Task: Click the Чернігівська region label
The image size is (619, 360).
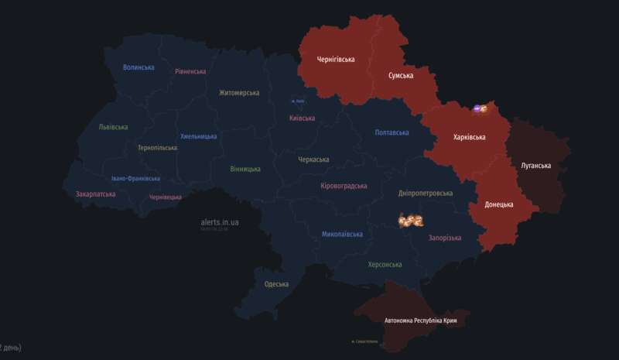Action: [336, 60]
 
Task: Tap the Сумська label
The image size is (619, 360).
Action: [401, 75]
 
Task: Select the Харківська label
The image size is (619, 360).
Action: [469, 137]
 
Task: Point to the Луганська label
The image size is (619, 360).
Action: [535, 166]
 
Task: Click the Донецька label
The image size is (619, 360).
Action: [499, 204]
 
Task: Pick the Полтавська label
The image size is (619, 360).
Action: [392, 132]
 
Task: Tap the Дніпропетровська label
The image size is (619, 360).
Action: [425, 193]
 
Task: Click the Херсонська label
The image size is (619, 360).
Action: [385, 264]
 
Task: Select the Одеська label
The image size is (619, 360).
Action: [276, 284]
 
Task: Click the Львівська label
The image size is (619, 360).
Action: [114, 127]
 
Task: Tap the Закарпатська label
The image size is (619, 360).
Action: [96, 194]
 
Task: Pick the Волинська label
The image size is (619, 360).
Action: [139, 67]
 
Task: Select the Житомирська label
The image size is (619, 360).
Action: [239, 93]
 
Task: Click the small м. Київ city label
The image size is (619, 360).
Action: [298, 101]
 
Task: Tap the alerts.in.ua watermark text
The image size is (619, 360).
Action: [220, 222]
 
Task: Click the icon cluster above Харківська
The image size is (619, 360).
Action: [480, 109]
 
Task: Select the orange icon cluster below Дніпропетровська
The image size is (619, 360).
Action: [410, 221]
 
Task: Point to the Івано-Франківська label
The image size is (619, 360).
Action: [135, 178]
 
